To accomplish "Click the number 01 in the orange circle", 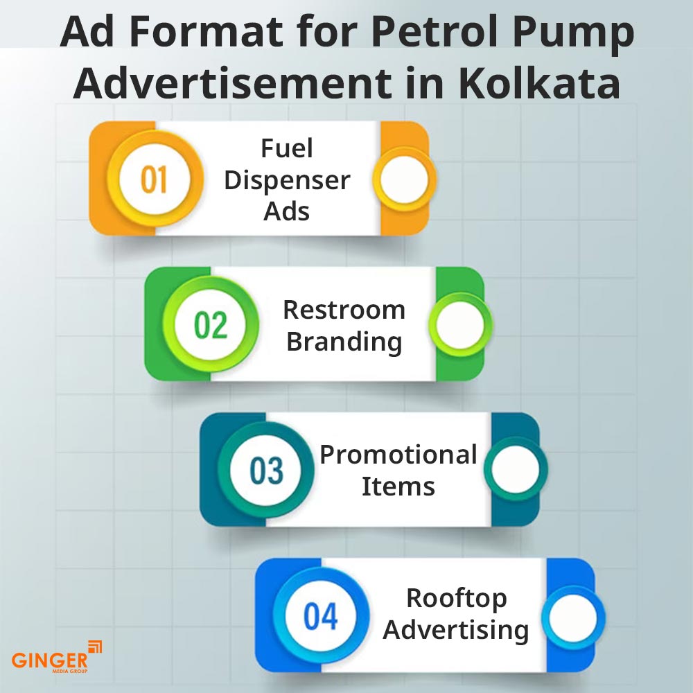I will tap(153, 179).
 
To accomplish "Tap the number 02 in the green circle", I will tap(210, 325).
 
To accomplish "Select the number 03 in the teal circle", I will tap(267, 471).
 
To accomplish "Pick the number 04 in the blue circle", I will tap(321, 616).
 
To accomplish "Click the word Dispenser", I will tap(287, 180).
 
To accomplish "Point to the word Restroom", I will tap(344, 310).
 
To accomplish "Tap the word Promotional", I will tap(398, 455).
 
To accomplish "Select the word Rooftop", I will tap(456, 598).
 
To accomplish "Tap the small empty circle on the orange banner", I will tap(405, 179).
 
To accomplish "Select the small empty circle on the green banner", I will tap(460, 324).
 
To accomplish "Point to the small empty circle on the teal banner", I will tap(516, 470).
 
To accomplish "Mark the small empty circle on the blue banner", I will tap(572, 617).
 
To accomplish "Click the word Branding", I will tap(344, 342).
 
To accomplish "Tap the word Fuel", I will tap(287, 148).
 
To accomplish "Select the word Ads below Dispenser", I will tap(287, 211).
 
